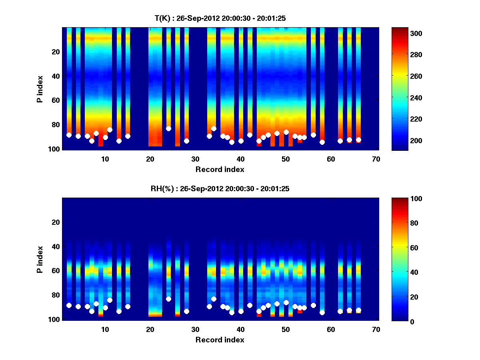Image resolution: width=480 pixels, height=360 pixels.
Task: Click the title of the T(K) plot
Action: (x=220, y=18)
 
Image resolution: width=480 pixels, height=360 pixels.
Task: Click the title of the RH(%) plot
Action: (x=220, y=188)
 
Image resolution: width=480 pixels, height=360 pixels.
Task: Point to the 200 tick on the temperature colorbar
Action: (x=401, y=141)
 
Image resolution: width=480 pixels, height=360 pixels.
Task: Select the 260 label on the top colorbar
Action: (x=401, y=76)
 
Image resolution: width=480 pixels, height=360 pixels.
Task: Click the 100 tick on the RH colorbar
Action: (x=401, y=199)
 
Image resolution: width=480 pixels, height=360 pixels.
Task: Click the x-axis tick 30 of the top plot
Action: (x=195, y=159)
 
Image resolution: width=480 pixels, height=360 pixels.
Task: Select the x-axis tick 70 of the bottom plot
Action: (x=376, y=329)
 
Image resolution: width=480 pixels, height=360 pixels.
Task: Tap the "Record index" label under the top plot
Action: (x=220, y=169)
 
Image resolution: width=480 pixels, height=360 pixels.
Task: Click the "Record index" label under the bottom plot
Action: (x=220, y=340)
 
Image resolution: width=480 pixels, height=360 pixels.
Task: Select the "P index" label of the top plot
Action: (x=40, y=89)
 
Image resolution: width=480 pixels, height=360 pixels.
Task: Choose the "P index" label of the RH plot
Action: (x=40, y=259)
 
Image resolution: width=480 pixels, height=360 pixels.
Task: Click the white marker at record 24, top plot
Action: (x=168, y=128)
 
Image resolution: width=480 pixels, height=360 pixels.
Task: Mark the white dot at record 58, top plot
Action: (x=322, y=142)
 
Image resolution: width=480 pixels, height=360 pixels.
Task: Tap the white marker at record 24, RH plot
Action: (x=168, y=299)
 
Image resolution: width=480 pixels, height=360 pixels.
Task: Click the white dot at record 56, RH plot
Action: (x=313, y=305)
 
